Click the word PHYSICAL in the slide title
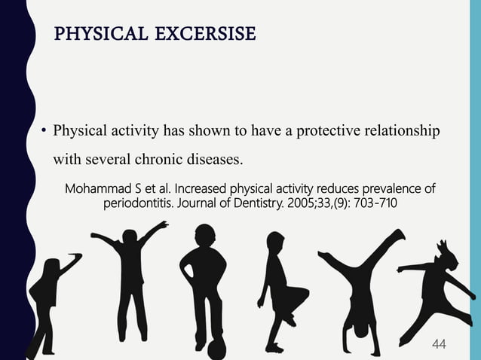(91, 35)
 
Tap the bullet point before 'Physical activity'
(44, 133)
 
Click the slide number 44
(439, 344)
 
